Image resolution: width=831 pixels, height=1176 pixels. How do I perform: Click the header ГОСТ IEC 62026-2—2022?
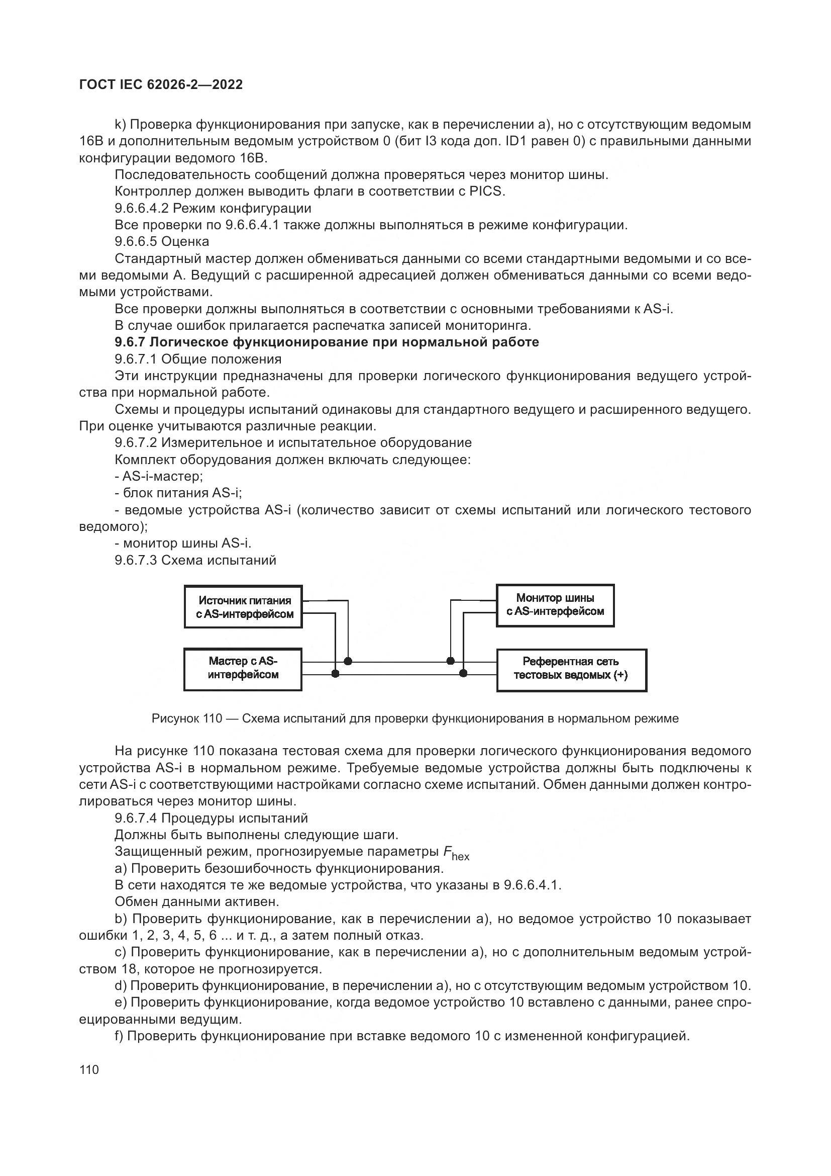click(161, 85)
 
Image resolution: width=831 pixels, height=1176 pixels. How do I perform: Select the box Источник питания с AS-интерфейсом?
click(243, 607)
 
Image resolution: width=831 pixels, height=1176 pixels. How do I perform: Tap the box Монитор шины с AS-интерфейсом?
click(555, 605)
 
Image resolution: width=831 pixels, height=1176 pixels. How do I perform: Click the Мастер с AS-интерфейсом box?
click(243, 669)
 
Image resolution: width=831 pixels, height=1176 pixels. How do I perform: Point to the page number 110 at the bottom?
click(89, 1070)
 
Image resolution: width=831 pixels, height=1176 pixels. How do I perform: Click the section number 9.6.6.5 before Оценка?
click(136, 241)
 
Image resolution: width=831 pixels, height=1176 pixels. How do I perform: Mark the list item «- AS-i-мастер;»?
click(159, 476)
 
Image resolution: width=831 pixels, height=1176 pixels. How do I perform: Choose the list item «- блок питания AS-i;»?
click(178, 493)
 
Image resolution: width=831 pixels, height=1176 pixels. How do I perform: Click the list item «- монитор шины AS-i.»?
click(183, 543)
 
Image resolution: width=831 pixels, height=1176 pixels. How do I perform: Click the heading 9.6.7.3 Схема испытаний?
click(195, 560)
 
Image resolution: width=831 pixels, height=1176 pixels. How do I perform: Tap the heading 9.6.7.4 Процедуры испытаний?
click(211, 818)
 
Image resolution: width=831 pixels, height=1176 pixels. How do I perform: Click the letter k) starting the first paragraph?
click(120, 125)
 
